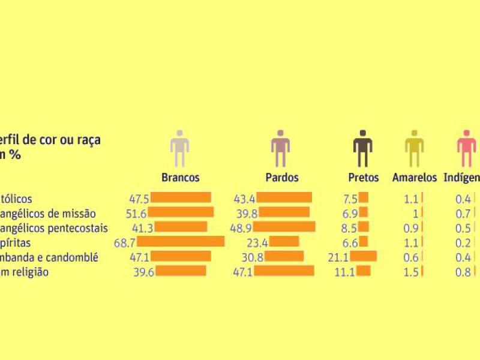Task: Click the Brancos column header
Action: pos(180,178)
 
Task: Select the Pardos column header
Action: pos(281,178)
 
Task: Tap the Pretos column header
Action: pos(364,178)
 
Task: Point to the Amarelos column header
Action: pos(415,178)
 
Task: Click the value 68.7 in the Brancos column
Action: pos(128,242)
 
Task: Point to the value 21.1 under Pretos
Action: pos(341,257)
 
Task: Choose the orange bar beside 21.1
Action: pos(364,257)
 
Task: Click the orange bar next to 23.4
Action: pos(284,242)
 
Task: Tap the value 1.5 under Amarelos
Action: pos(413,272)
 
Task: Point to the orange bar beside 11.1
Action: pos(364,271)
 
